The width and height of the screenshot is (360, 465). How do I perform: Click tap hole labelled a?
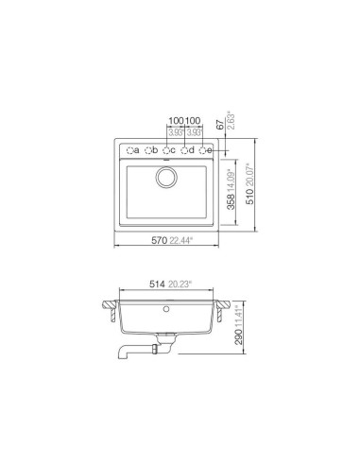[129, 150]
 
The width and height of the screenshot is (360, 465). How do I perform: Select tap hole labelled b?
[148, 150]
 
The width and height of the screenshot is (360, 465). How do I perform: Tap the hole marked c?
[166, 150]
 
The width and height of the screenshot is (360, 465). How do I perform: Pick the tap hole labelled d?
[185, 150]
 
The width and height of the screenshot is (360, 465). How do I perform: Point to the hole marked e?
[203, 150]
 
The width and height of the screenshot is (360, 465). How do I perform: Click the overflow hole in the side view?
[167, 308]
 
